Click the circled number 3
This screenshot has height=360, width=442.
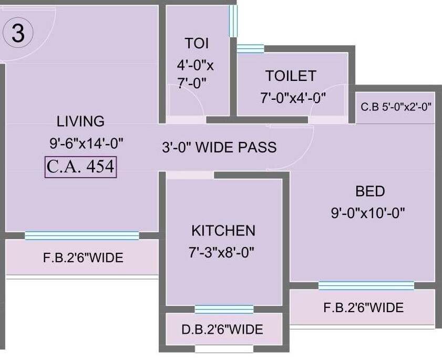pos(18,34)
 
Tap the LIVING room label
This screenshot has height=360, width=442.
pos(80,121)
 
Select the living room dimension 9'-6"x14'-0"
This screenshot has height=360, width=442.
pos(86,142)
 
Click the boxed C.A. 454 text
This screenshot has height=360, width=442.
pos(80,167)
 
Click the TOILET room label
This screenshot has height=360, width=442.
pos(291,76)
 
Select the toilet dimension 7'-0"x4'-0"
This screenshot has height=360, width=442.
pos(294,97)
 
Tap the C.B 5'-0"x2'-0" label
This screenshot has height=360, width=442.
pos(396,107)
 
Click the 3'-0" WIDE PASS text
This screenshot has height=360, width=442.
pos(219,147)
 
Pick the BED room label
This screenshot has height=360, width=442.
pos(370,191)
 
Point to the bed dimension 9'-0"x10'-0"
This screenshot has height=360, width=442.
pos(367,213)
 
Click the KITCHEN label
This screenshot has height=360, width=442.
pos(223,231)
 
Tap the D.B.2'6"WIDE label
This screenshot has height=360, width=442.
pos(222,330)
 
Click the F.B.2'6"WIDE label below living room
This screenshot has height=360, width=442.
pos(83,258)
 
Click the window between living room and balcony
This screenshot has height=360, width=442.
pos(82,235)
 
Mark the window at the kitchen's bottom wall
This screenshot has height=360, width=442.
pos(224,309)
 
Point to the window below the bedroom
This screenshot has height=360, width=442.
pos(366,285)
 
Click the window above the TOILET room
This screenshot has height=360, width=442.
pos(250,49)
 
